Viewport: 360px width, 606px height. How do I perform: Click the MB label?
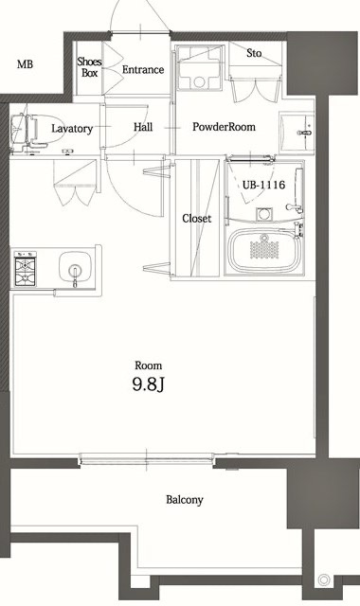click(24, 65)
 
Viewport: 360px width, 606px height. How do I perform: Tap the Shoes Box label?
click(90, 66)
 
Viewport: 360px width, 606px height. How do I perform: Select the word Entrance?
click(143, 69)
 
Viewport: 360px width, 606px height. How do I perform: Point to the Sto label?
click(254, 53)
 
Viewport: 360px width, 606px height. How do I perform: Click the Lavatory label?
click(72, 128)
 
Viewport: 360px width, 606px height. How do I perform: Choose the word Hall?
click(143, 127)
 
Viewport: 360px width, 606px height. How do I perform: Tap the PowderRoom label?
click(225, 127)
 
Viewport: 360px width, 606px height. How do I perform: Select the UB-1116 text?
click(263, 184)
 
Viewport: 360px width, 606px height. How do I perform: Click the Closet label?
click(196, 219)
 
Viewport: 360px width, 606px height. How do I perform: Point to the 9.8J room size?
click(149, 384)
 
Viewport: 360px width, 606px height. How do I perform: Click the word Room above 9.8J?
click(148, 365)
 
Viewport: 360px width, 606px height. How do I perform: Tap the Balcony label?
click(185, 500)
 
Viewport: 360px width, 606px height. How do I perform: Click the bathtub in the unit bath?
click(266, 251)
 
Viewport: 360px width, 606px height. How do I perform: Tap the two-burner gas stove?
click(25, 268)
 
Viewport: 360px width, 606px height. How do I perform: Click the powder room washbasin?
click(302, 126)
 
